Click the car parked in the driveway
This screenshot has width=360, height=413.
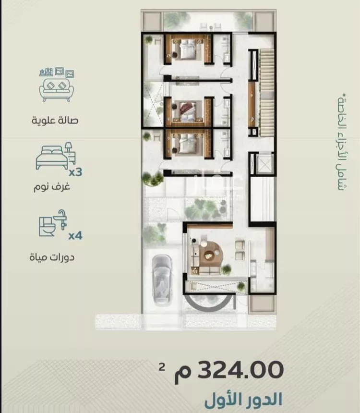pyautogui.click(x=162, y=280)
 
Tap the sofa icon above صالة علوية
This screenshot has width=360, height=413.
pyautogui.click(x=56, y=85)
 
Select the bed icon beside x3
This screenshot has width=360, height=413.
pyautogui.click(x=56, y=156)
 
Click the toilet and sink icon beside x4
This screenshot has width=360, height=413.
pyautogui.click(x=53, y=223)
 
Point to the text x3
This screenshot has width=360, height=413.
pyautogui.click(x=75, y=172)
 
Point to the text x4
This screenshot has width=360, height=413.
pyautogui.click(x=75, y=235)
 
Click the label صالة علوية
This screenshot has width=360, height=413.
pyautogui.click(x=55, y=121)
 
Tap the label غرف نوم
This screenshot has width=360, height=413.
pyautogui.click(x=52, y=187)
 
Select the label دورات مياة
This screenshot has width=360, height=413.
pyautogui.click(x=52, y=256)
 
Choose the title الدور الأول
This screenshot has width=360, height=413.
pyautogui.click(x=243, y=400)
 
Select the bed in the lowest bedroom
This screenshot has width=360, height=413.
pyautogui.click(x=188, y=143)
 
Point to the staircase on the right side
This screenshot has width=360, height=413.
pyautogui.click(x=266, y=93)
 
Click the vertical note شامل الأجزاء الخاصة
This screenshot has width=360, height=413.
pyautogui.click(x=342, y=142)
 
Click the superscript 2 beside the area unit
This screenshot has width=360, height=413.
pyautogui.click(x=162, y=366)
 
